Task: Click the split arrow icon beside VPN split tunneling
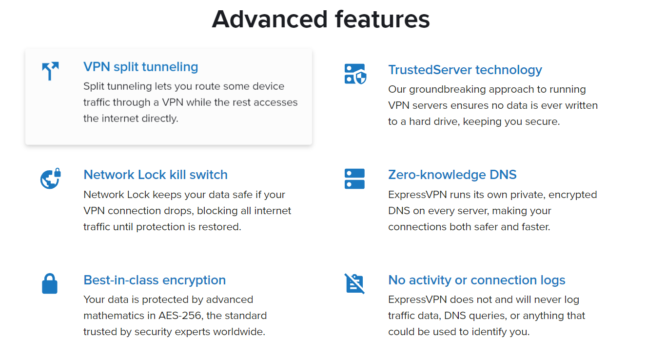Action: [50, 71]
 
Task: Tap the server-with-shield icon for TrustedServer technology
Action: [355, 74]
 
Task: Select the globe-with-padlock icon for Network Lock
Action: [51, 179]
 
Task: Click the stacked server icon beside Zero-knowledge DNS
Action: [354, 179]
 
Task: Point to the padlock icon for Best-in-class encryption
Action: [50, 283]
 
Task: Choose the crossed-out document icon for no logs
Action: [355, 283]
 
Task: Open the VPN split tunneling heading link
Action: [140, 67]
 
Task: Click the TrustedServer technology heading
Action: [465, 70]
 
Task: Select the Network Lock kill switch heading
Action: [156, 175]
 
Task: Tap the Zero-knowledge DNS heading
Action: [452, 175]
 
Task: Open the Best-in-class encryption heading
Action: [155, 280]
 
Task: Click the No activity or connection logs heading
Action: [477, 280]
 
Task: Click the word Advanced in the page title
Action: [270, 20]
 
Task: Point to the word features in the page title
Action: [382, 20]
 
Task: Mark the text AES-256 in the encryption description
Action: [180, 316]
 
